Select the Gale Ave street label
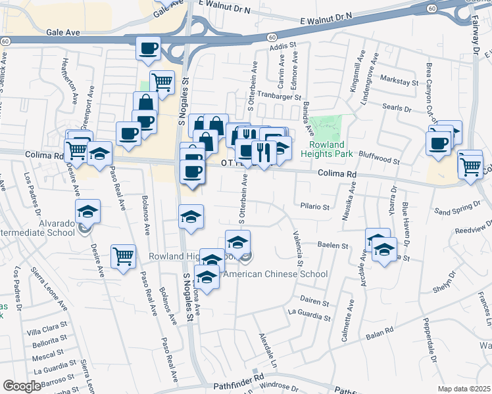(x=63, y=32)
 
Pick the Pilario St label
(x=314, y=206)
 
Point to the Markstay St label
(x=403, y=82)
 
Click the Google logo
(x=22, y=386)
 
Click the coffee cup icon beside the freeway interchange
(x=148, y=48)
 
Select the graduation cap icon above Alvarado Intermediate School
(x=87, y=211)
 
